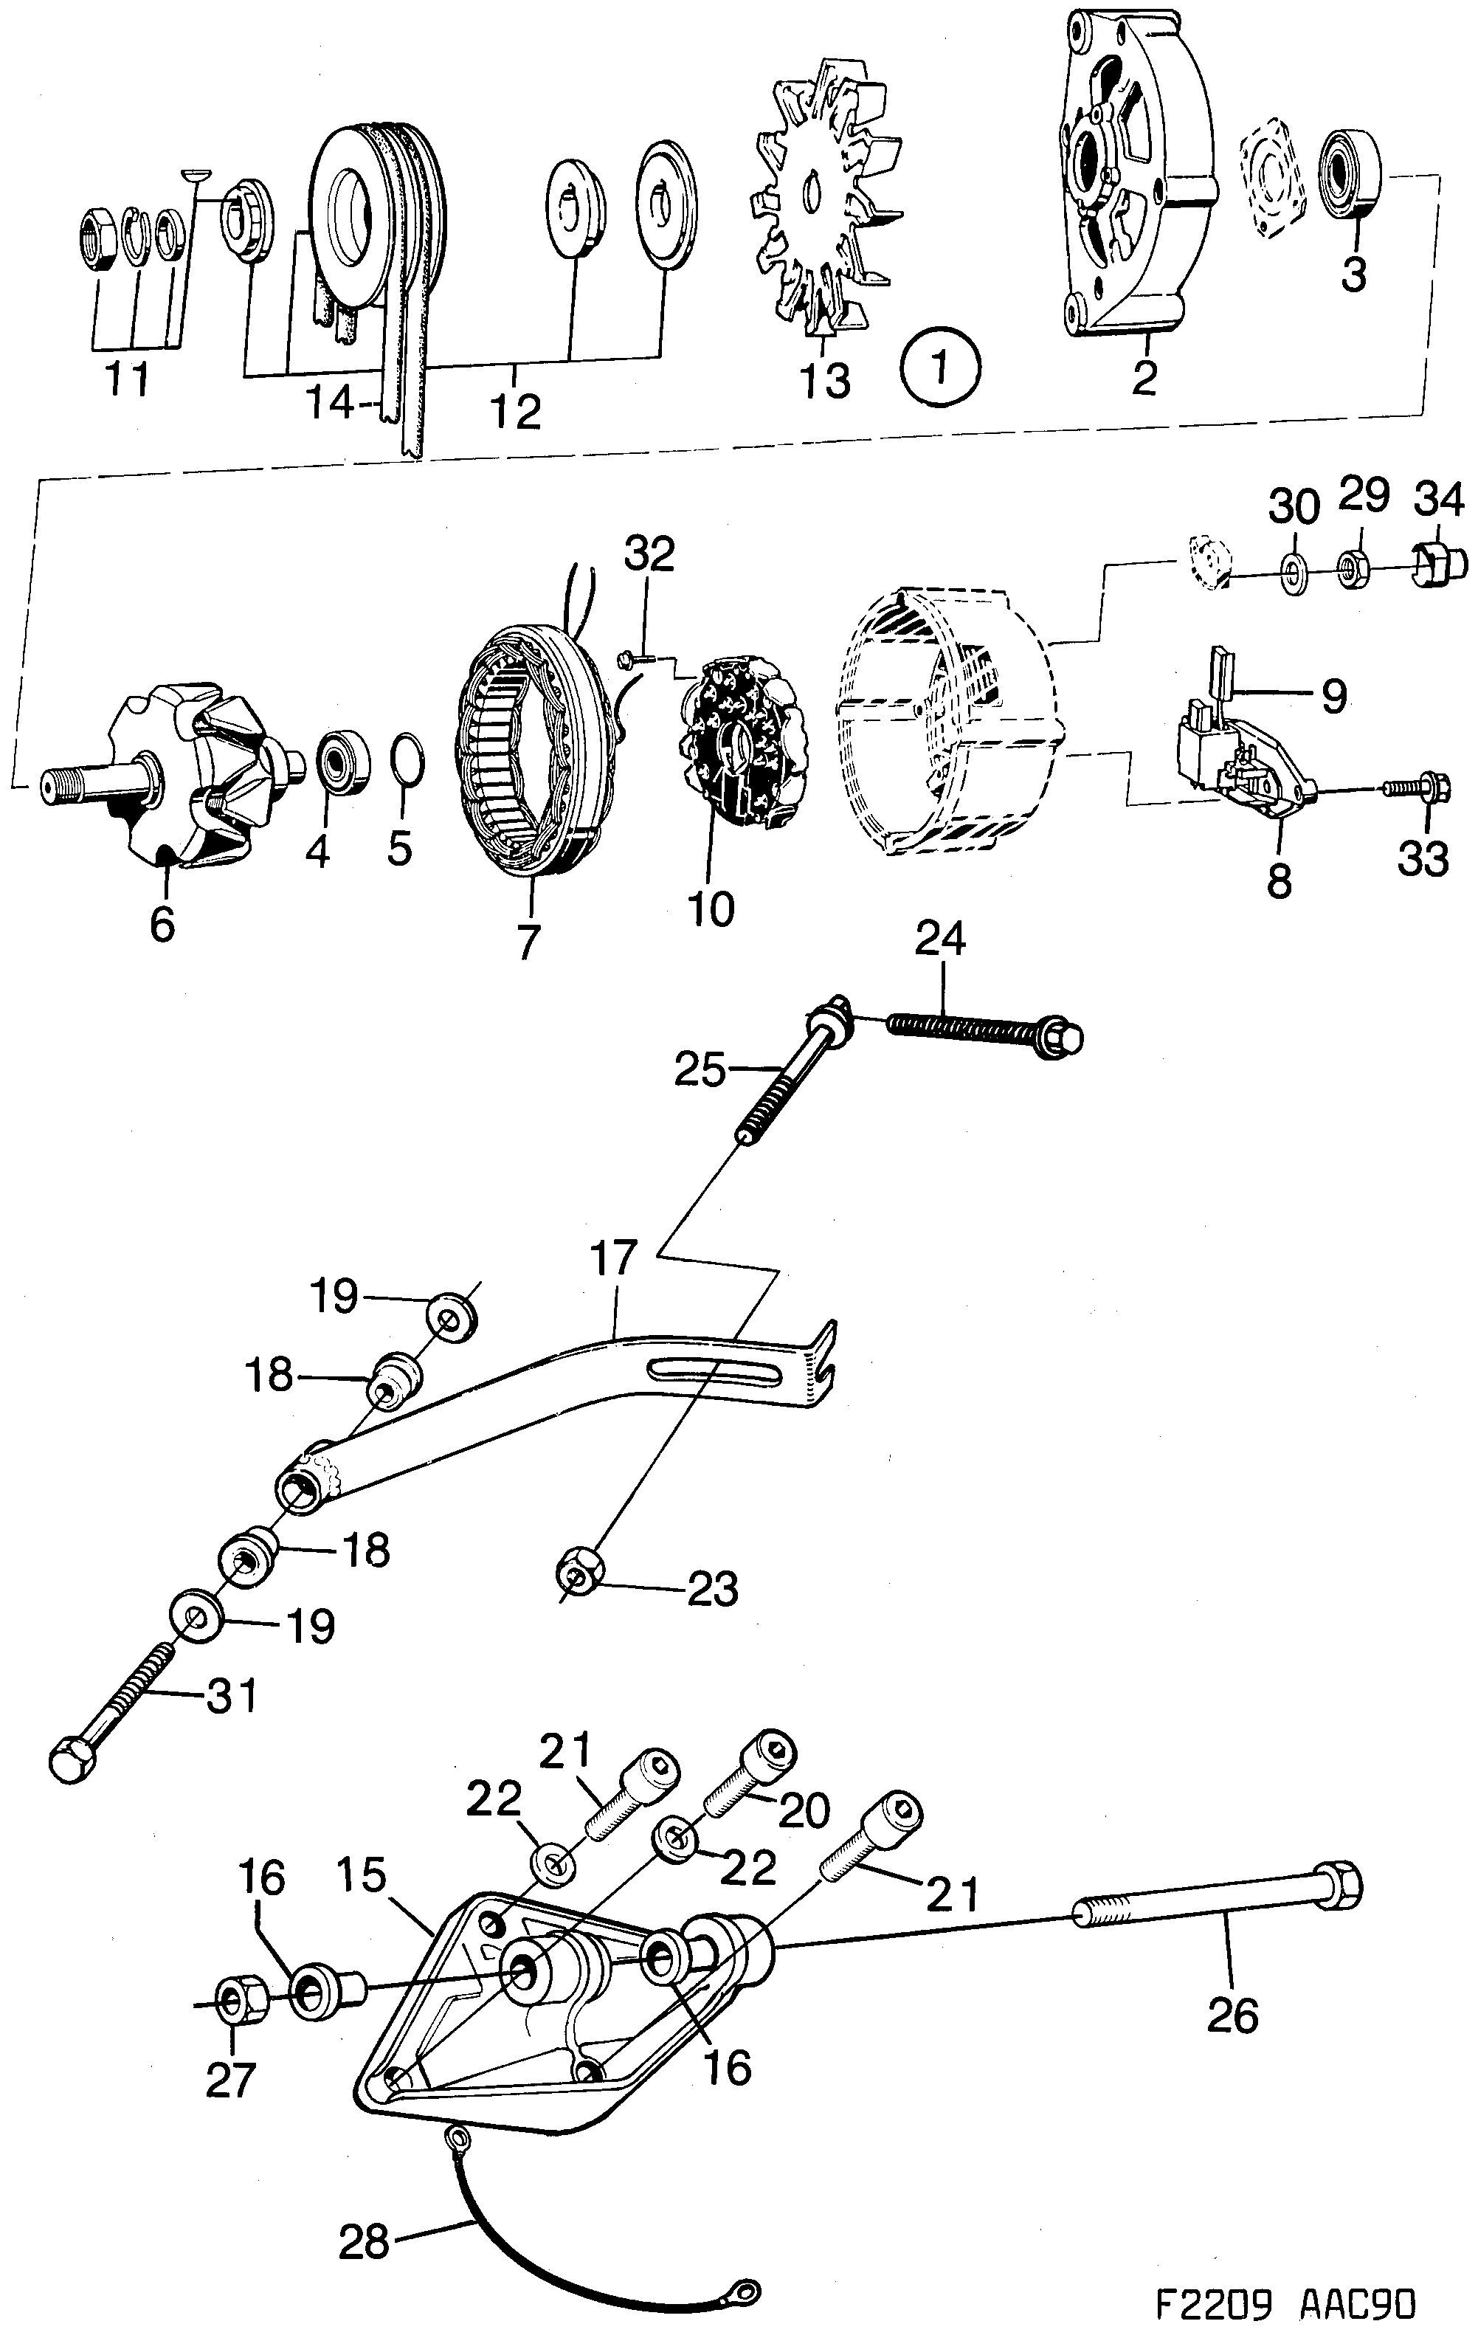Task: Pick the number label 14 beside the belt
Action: coord(330,403)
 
